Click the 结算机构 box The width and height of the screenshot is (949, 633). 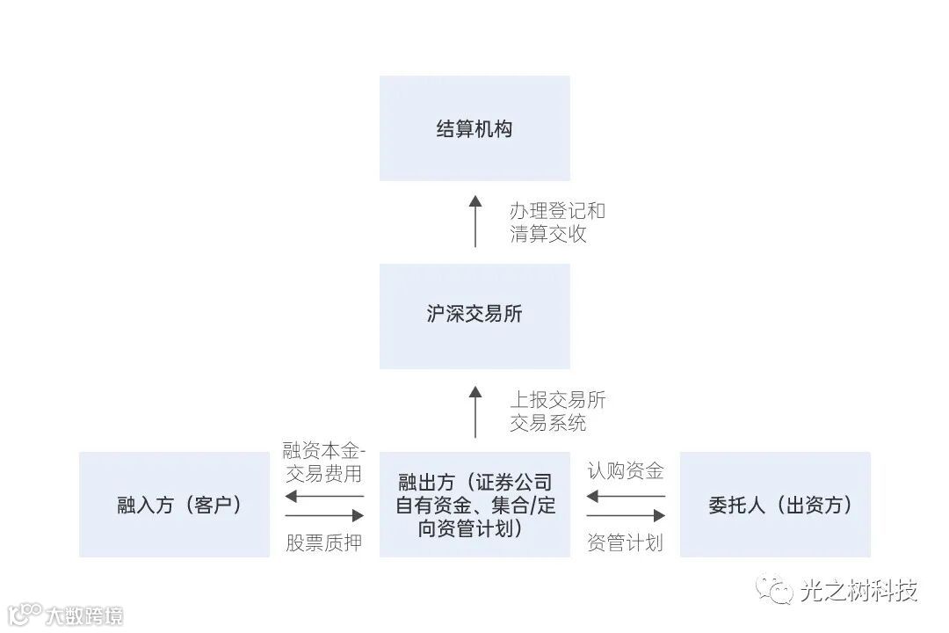474,128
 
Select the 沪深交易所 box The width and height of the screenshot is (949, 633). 474,316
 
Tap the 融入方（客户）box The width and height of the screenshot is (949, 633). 174,505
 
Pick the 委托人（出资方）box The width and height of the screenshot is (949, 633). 775,505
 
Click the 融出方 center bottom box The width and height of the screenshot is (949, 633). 474,505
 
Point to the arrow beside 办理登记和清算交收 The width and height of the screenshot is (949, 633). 475,221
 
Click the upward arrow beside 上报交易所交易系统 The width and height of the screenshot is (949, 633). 475,411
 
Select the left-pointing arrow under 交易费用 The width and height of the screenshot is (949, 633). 324,496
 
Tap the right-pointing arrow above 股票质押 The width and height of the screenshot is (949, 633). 324,515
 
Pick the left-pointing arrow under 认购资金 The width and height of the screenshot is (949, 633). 626,496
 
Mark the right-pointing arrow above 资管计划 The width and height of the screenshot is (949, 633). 626,515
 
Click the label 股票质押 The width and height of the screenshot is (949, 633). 323,542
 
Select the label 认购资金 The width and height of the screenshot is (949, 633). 625,470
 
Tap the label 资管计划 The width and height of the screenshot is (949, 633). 625,542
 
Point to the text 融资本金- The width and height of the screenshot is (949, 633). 323,451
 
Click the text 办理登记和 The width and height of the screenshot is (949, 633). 557,211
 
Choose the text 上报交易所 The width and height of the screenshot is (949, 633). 557,400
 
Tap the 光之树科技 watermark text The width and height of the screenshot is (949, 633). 858,590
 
